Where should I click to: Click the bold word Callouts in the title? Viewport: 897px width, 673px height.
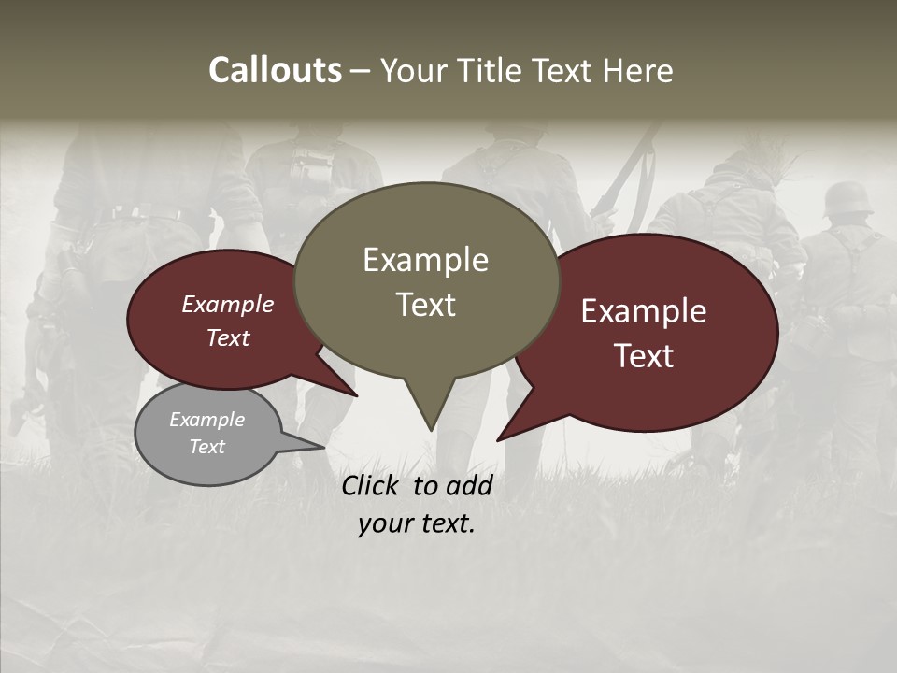click(275, 70)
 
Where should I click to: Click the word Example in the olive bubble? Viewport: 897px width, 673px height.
click(425, 260)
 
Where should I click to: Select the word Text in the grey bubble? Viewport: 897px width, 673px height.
click(207, 447)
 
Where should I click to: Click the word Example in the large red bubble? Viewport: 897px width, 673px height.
click(644, 311)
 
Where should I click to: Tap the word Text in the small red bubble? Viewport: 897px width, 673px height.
click(228, 338)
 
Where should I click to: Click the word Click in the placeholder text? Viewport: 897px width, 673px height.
click(372, 485)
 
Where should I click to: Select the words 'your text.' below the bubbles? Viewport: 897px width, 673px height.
click(417, 523)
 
